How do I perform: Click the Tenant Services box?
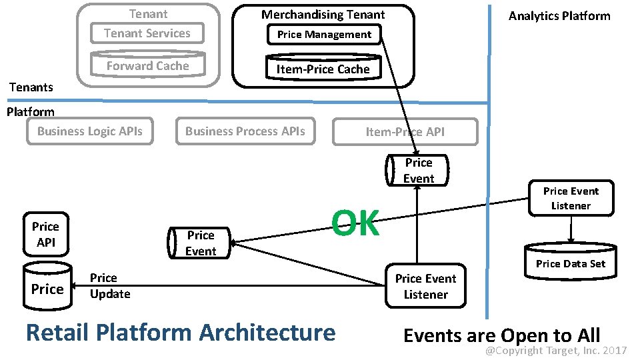[x=147, y=33]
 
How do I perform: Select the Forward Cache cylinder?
[x=147, y=65]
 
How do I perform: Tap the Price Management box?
[x=324, y=35]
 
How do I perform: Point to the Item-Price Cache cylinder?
[x=323, y=69]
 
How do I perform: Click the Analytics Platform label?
[x=559, y=16]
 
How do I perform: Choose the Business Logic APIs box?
[x=89, y=131]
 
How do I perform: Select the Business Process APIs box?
[x=245, y=131]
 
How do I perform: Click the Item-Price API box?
[x=405, y=132]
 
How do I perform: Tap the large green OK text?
[x=355, y=223]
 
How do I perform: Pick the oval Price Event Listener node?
[x=571, y=198]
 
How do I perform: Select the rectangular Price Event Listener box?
[x=425, y=287]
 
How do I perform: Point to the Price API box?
[x=45, y=235]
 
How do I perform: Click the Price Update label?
[x=109, y=286]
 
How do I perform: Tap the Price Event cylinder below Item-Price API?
[x=418, y=171]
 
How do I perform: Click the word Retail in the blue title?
[x=58, y=332]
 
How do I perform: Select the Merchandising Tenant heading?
[x=323, y=14]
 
